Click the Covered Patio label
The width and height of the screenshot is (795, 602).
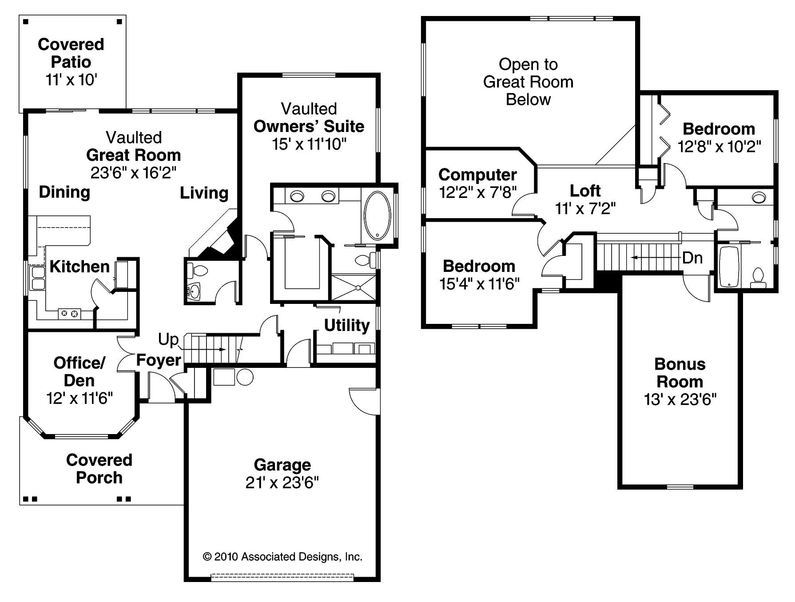pyautogui.click(x=71, y=53)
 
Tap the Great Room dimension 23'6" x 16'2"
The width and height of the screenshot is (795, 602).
pyautogui.click(x=133, y=173)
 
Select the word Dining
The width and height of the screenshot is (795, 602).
pyautogui.click(x=64, y=192)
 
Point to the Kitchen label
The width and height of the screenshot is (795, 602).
pyautogui.click(x=79, y=267)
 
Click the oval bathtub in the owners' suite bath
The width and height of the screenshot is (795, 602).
pyautogui.click(x=377, y=216)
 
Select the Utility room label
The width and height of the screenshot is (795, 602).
pyautogui.click(x=346, y=325)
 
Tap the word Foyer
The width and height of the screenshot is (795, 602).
pyautogui.click(x=159, y=360)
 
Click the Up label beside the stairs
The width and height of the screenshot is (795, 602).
pyautogui.click(x=168, y=340)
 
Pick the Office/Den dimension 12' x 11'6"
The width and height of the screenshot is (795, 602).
pyautogui.click(x=79, y=398)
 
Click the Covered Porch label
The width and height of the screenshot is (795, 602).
pyautogui.click(x=99, y=469)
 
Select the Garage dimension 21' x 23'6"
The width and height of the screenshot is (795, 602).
pyautogui.click(x=282, y=482)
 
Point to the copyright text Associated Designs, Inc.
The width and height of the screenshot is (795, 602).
pyautogui.click(x=282, y=557)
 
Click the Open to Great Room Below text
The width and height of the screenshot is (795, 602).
pyautogui.click(x=528, y=82)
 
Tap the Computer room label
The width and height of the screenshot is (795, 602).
pyautogui.click(x=477, y=175)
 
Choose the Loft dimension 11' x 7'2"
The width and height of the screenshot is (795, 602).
pyautogui.click(x=585, y=208)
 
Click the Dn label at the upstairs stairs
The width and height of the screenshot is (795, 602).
pyautogui.click(x=692, y=258)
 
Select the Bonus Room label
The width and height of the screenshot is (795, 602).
pyautogui.click(x=680, y=373)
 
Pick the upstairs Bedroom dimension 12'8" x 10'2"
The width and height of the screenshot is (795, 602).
pyautogui.click(x=719, y=147)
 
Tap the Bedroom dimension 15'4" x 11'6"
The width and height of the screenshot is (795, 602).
pyautogui.click(x=479, y=283)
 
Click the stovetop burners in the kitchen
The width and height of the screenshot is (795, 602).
pyautogui.click(x=69, y=314)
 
